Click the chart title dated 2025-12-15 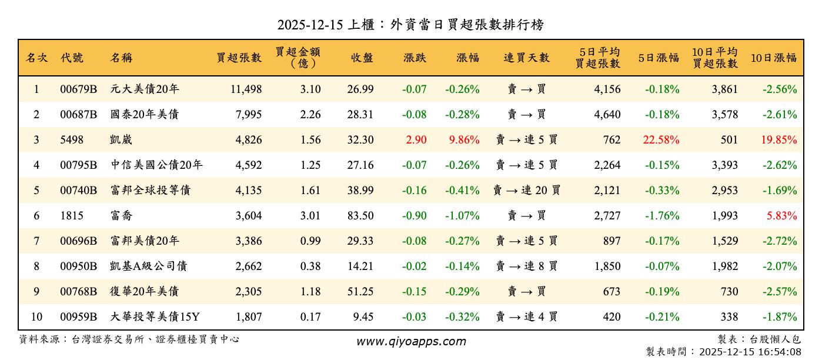coord(410,25)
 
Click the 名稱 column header coord(121,58)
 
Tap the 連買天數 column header coord(526,58)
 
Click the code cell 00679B coord(78,89)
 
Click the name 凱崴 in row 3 coord(121,140)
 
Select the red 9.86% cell coord(463,140)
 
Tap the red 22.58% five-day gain coord(661,140)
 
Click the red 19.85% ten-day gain coord(779,140)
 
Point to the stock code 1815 coord(72,216)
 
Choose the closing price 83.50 coord(360,216)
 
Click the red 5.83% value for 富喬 coord(781,216)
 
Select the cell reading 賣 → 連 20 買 coord(526,191)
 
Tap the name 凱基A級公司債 coord(148,266)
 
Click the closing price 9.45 coord(363,317)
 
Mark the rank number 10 coord(36,317)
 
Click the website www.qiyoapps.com coord(411,341)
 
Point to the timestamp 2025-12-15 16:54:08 coord(749,352)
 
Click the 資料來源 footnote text coord(129,339)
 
